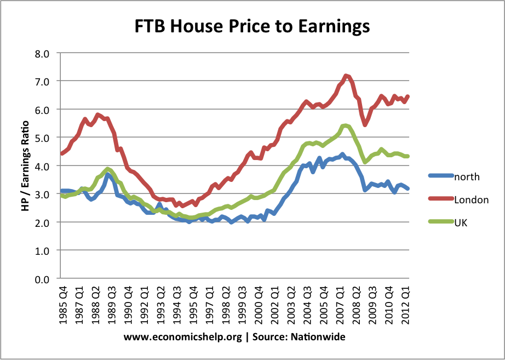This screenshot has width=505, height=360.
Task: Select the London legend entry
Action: pyautogui.click(x=472, y=200)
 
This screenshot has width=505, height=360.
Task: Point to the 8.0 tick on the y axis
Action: pyautogui.click(x=42, y=53)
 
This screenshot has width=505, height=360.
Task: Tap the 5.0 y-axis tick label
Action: pyautogui.click(x=42, y=138)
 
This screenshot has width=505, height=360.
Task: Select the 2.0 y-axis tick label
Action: pyautogui.click(x=42, y=222)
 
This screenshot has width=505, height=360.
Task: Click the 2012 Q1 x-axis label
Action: pyautogui.click(x=406, y=307)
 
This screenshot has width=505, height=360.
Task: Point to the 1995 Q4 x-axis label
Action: pyautogui.click(x=192, y=307)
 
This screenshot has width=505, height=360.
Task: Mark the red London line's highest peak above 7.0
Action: pyautogui.click(x=346, y=76)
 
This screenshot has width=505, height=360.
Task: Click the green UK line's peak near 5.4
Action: pyautogui.click(x=345, y=125)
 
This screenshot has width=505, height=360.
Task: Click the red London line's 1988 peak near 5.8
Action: pyautogui.click(x=97, y=115)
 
